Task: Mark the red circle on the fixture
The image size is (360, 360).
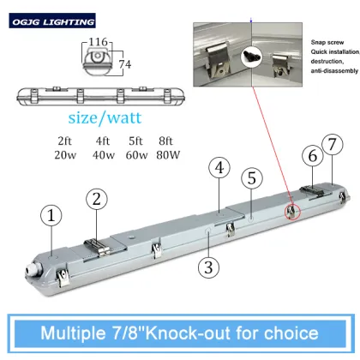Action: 293,211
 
